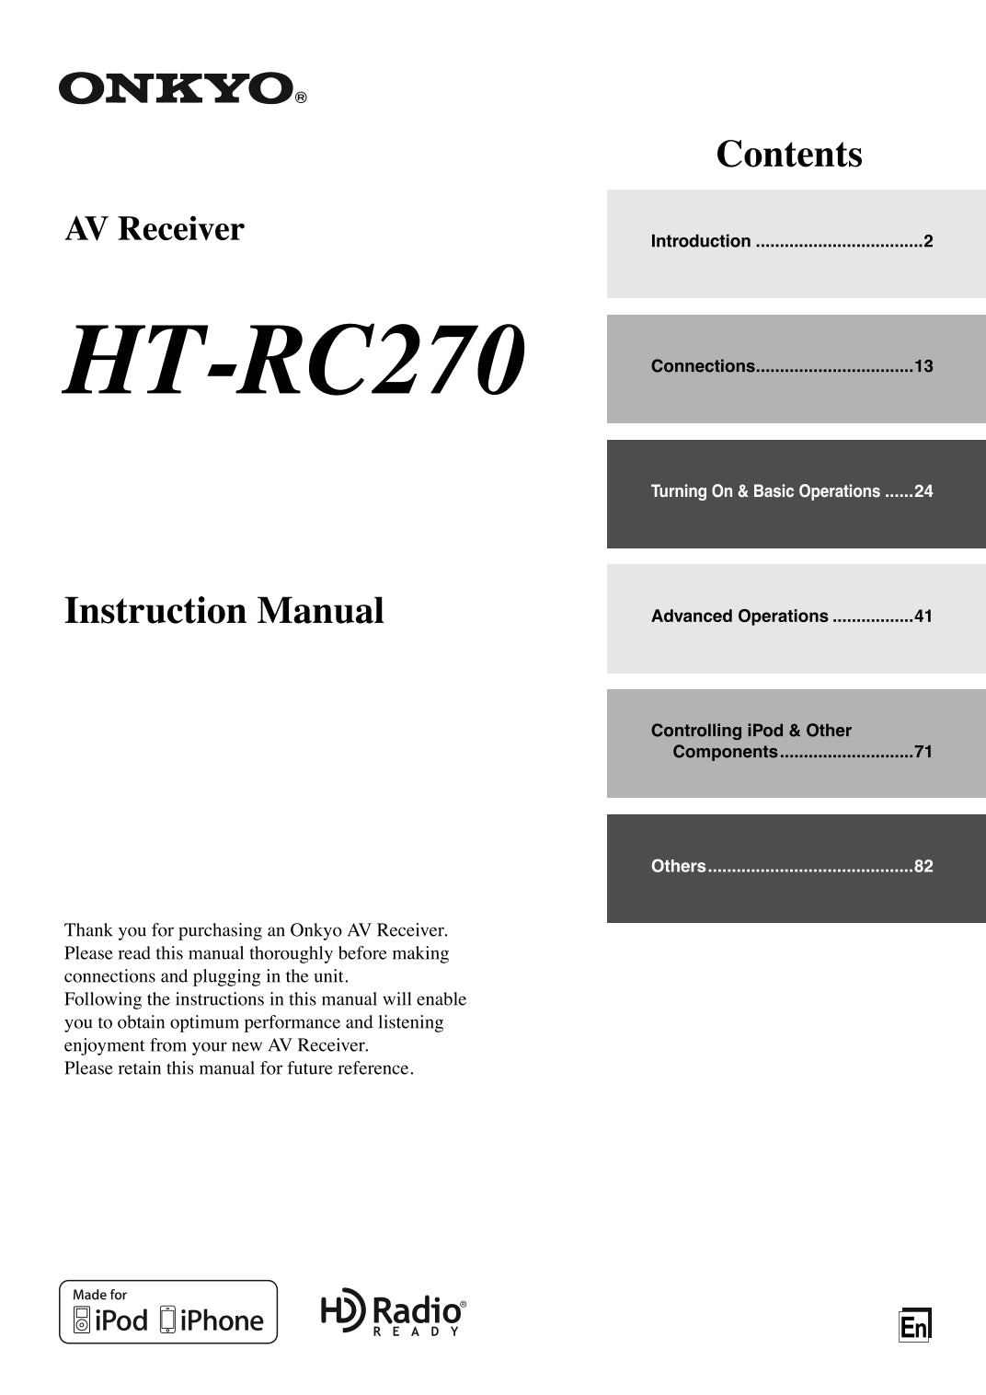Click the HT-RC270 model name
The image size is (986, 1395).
tap(294, 360)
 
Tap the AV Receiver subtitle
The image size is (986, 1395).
tap(155, 229)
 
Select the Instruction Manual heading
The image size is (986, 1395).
tap(224, 611)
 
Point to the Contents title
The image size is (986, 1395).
tap(789, 154)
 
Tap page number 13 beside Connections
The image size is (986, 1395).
tap(923, 366)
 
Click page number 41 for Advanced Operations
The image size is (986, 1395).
tap(923, 617)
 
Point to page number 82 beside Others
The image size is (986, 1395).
tap(923, 866)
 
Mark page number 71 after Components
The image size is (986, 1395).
tap(923, 752)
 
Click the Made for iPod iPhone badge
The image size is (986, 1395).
tap(168, 1311)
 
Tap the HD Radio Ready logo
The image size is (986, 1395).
tap(394, 1312)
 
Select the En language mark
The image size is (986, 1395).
tap(914, 1326)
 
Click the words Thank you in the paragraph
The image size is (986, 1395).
tap(98, 930)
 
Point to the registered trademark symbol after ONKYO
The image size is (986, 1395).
tap(301, 97)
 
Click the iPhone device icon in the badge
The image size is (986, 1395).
tap(167, 1320)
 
